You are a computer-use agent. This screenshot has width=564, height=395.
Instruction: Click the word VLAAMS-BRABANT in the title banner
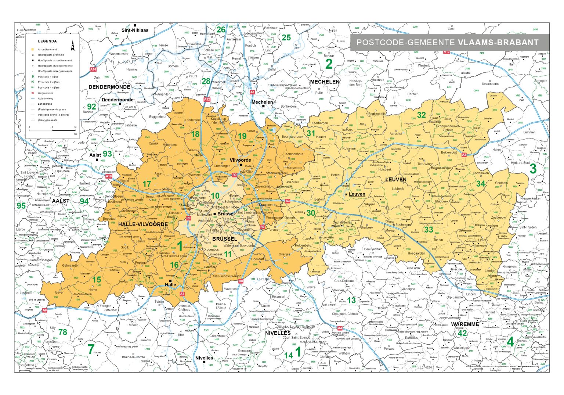[x=498, y=42]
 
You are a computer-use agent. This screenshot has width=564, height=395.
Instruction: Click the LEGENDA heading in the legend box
[x=47, y=42]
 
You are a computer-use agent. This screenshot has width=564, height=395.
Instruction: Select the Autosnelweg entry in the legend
[x=46, y=98]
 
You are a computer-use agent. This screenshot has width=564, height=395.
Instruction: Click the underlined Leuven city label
[x=357, y=194]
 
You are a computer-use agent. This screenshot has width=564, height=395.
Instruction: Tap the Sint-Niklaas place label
[x=135, y=30]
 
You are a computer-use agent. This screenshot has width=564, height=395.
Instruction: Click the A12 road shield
[x=207, y=99]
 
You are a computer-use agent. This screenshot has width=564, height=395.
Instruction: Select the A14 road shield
[x=93, y=69]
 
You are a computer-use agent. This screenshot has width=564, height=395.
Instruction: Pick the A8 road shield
[x=44, y=310]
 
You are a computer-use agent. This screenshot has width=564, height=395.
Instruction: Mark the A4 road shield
[x=340, y=328]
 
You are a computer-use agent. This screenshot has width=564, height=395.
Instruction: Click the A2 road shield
[x=464, y=155]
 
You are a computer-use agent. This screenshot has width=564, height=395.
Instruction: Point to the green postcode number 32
[x=421, y=115]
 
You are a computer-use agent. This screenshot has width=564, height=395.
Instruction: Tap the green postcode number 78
[x=63, y=332]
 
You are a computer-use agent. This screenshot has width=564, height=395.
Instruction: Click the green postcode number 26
[x=221, y=30]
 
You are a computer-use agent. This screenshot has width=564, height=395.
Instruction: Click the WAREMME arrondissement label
[x=465, y=324]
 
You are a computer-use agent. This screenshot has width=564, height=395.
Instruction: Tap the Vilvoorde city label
[x=240, y=160]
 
